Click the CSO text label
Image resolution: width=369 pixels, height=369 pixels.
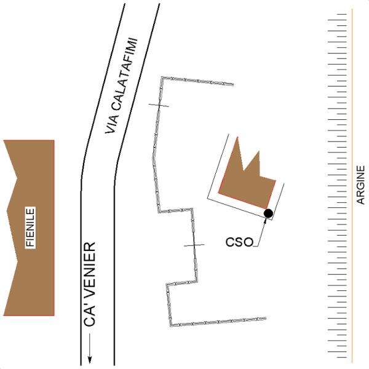tap(240, 242)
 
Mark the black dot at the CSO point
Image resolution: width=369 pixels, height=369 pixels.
tap(268, 213)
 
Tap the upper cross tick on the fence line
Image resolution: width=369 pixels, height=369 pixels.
tap(158, 106)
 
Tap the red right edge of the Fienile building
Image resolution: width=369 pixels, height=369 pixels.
tap(54, 228)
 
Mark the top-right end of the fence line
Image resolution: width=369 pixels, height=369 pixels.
tap(233, 84)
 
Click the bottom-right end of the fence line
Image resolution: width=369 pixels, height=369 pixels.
tap(265, 319)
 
